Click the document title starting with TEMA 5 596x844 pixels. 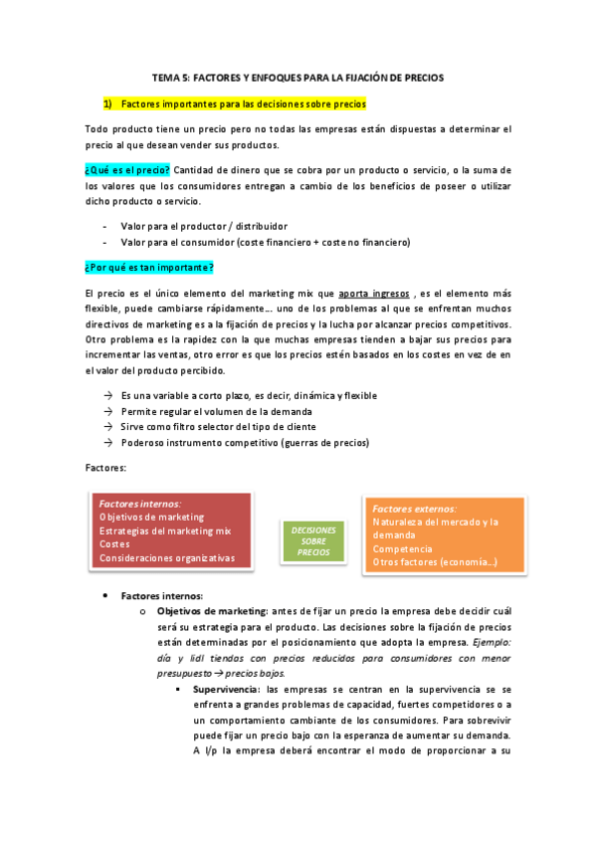(x=298, y=77)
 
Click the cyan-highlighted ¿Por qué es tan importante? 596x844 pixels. (x=149, y=268)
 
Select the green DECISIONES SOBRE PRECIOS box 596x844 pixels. (x=313, y=541)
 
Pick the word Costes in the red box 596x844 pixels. (x=114, y=544)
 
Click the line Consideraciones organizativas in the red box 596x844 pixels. (x=167, y=558)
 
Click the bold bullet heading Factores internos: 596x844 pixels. (x=161, y=595)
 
